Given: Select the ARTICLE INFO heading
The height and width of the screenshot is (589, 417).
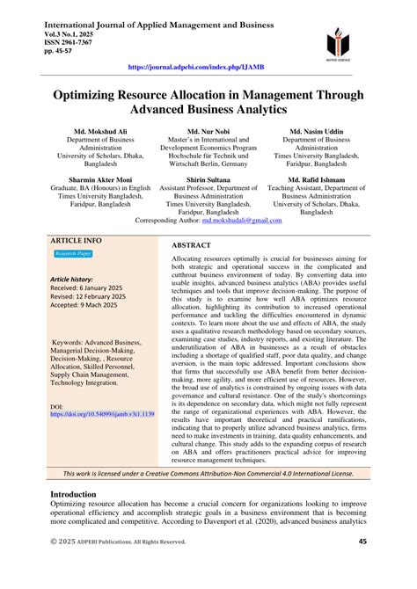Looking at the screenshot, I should [x=76, y=240].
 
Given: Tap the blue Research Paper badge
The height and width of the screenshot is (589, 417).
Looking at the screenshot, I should [x=73, y=254].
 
